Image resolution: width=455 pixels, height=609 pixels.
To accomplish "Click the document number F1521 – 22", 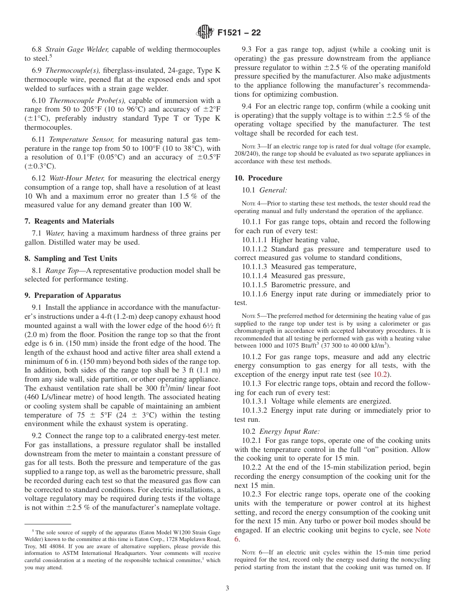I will [239, 33].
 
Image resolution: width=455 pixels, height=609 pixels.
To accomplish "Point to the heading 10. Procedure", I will [258, 178].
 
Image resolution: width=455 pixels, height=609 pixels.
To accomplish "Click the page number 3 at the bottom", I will [227, 588].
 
